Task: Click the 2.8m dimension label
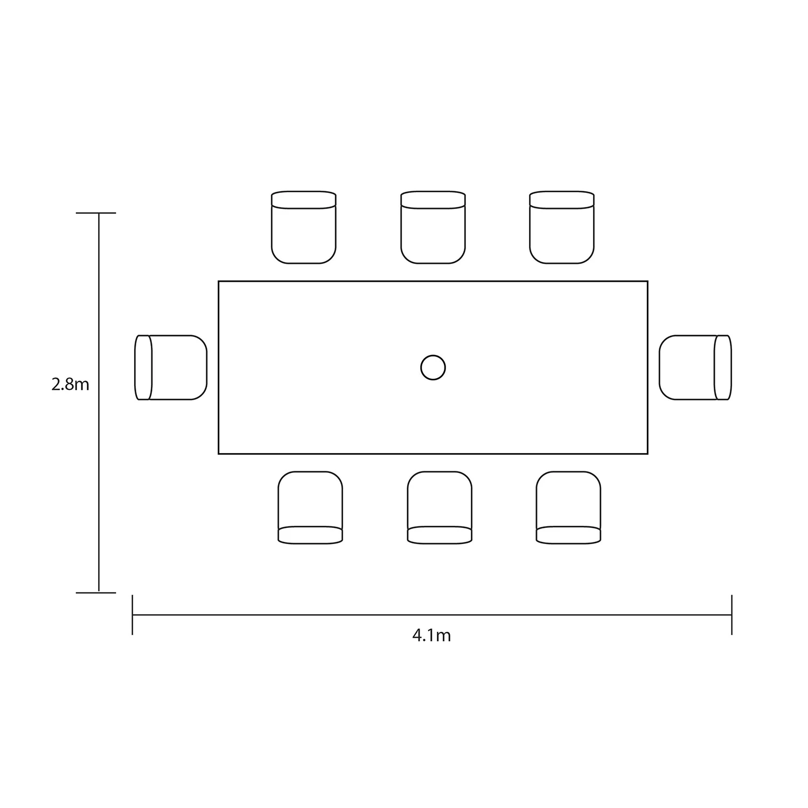click(70, 385)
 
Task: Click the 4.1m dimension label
click(431, 636)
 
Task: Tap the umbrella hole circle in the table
click(433, 368)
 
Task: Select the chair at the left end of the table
click(171, 367)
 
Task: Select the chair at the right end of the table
click(695, 367)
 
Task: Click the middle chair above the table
click(433, 227)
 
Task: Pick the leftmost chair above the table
click(304, 227)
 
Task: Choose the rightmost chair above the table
click(562, 227)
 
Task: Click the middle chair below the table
click(440, 507)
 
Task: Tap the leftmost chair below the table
click(310, 507)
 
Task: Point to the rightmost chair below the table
click(568, 507)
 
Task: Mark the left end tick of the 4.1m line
click(133, 615)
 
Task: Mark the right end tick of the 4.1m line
click(732, 615)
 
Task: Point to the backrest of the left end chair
click(143, 367)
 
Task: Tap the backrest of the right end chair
click(723, 367)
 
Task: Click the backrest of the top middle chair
click(433, 199)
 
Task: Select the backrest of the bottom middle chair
click(440, 535)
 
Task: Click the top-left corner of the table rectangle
click(219, 281)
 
